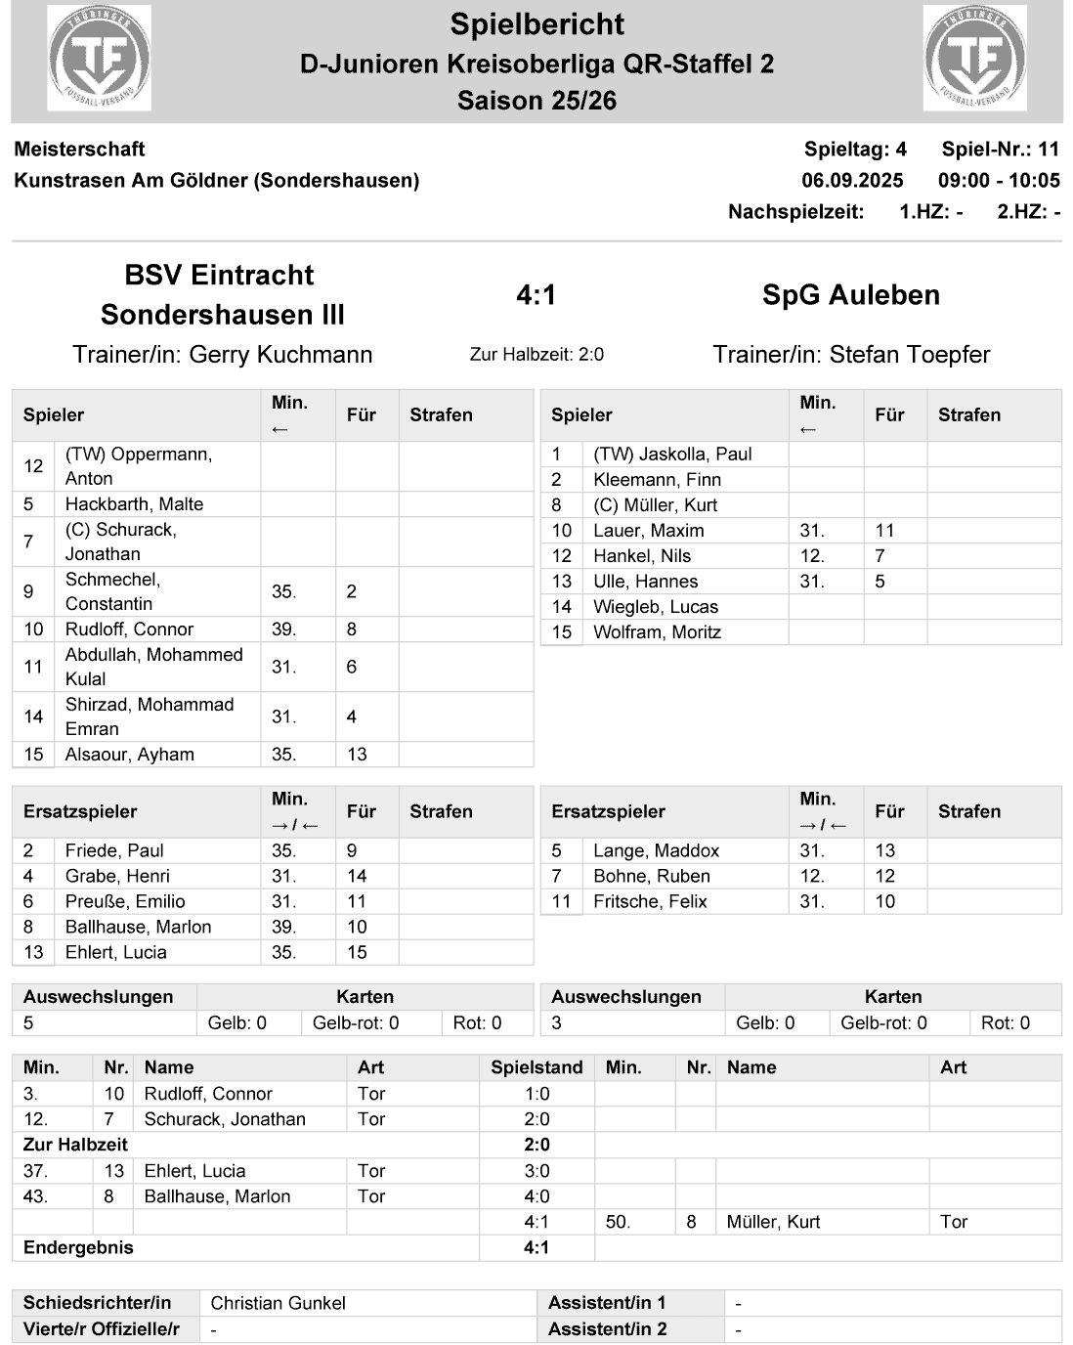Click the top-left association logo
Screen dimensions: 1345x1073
[x=99, y=58]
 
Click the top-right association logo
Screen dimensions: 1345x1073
[x=974, y=58]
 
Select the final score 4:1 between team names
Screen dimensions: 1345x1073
[x=536, y=294]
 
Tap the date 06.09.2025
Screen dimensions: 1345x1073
[x=852, y=180]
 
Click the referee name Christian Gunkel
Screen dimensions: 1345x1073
[x=278, y=1303]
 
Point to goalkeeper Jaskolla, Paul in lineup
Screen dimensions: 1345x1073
[x=672, y=454]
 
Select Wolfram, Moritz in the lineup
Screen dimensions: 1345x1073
[x=657, y=631]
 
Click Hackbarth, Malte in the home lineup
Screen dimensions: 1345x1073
[x=134, y=503]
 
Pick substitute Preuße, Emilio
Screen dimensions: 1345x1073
[x=125, y=901]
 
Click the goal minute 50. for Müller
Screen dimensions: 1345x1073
[x=618, y=1222]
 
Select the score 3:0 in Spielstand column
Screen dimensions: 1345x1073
[x=536, y=1171]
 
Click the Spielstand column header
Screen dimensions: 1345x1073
[x=536, y=1067]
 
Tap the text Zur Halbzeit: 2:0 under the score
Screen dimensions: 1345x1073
[x=536, y=354]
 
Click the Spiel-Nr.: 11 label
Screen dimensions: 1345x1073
[x=1000, y=150]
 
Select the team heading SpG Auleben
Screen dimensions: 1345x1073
[x=850, y=294]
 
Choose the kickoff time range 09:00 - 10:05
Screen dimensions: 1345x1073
[x=998, y=180]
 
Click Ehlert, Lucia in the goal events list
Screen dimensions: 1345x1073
[x=194, y=1171]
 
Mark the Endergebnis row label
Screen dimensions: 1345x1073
[x=78, y=1247]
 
